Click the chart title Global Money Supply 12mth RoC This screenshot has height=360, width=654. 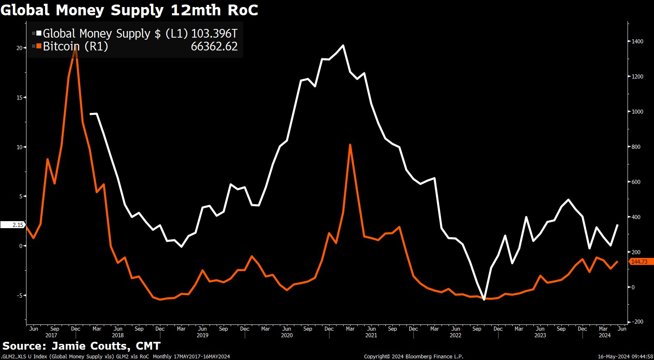click(x=129, y=10)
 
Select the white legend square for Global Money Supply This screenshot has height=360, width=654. click(x=39, y=33)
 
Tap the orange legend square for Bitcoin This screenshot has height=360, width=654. click(x=39, y=46)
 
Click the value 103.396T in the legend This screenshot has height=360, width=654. click(x=214, y=33)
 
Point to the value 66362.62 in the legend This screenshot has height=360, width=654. click(x=214, y=46)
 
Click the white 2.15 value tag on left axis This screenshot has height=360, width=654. click(x=13, y=225)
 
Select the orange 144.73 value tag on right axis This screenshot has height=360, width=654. click(x=640, y=262)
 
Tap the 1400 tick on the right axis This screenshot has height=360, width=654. click(x=637, y=41)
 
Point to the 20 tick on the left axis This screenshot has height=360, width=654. click(x=19, y=48)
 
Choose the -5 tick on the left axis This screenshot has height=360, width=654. click(x=19, y=296)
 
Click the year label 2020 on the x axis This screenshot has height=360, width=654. click(x=286, y=335)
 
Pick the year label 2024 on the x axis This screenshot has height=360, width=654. click(x=604, y=335)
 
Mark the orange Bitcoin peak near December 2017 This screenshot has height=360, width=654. click(x=76, y=48)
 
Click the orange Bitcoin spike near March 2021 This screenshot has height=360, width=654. click(x=350, y=145)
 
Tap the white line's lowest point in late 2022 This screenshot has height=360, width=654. click(x=484, y=299)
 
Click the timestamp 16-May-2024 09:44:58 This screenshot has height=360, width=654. click(x=625, y=356)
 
